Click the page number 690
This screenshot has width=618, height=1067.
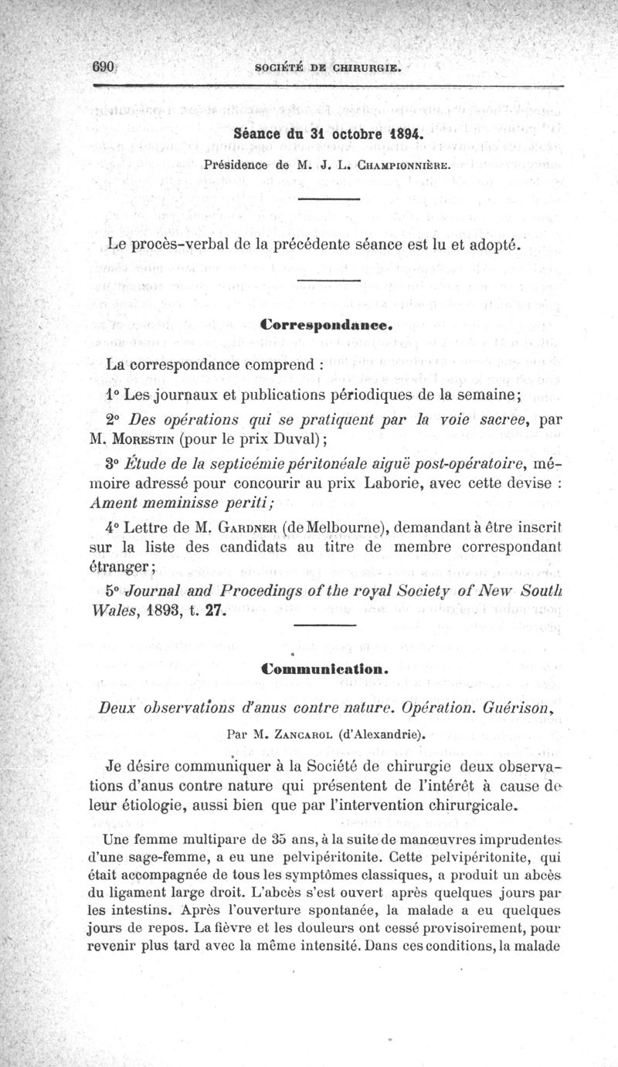pos(104,66)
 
